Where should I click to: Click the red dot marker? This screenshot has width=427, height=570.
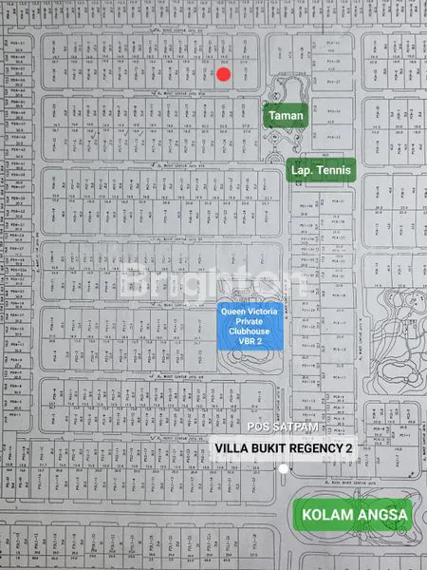(x=223, y=74)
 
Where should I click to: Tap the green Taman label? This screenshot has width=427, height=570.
(x=286, y=116)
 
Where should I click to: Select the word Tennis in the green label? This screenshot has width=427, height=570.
(x=334, y=171)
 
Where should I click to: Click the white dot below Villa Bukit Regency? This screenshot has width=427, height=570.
(x=284, y=468)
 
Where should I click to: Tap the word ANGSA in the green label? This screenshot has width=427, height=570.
(x=381, y=516)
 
